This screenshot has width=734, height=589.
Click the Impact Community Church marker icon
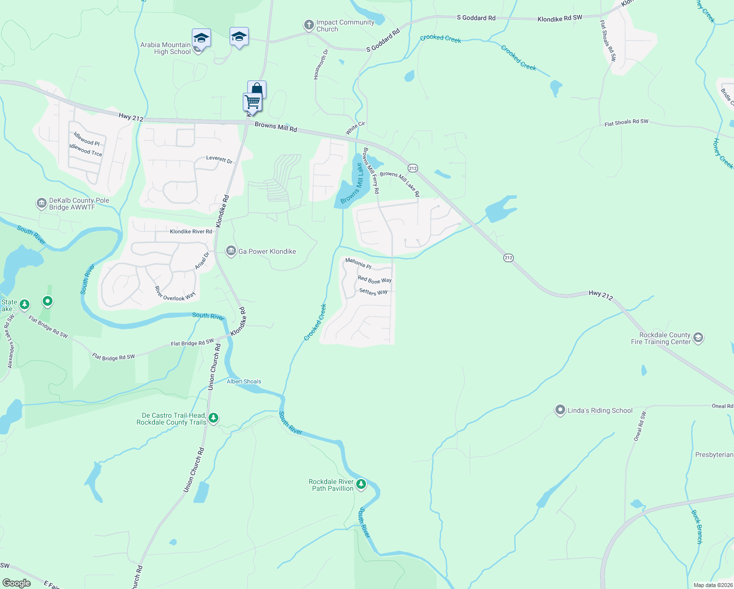point(309,25)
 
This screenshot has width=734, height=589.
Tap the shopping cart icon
point(252,102)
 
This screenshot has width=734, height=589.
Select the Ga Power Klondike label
point(267,251)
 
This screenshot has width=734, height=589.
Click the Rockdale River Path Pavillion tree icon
point(361,484)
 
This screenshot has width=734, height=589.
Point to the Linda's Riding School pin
point(560,410)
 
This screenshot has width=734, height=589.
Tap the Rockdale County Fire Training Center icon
point(698,338)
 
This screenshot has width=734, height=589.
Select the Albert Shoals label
point(244,381)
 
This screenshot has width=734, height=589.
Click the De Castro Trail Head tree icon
point(213,418)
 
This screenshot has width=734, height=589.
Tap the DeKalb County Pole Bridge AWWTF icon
point(41,203)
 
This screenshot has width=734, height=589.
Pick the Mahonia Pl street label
point(358,264)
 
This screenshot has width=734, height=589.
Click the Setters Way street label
point(373,292)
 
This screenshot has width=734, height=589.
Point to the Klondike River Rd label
point(191,231)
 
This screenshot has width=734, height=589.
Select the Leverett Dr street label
point(219,160)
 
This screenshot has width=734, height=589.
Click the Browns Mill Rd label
point(276,127)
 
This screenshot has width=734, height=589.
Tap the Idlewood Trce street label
point(85,150)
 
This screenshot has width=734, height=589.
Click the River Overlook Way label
point(175,294)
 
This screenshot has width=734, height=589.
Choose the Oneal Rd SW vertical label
point(640,426)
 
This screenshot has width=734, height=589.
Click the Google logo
point(16,583)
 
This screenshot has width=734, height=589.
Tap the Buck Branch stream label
point(697,527)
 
